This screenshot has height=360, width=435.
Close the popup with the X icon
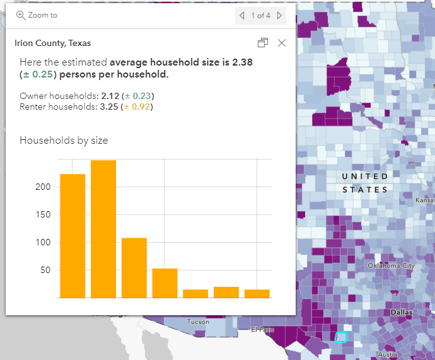point(282,43)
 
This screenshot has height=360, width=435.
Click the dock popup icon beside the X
point(263,43)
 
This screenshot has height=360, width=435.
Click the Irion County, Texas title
point(52,44)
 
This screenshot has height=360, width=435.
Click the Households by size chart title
point(64,140)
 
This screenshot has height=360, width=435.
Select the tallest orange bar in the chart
point(103,229)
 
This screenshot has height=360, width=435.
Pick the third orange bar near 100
point(134,267)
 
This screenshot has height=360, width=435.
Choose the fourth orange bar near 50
point(165,283)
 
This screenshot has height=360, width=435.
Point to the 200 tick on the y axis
point(42,187)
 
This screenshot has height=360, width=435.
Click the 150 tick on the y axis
point(42,214)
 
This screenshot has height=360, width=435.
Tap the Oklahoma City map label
point(391,265)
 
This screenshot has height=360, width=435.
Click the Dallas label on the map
point(402,312)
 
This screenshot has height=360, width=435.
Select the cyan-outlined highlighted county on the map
point(342,337)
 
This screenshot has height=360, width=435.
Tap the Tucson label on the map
point(198,322)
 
